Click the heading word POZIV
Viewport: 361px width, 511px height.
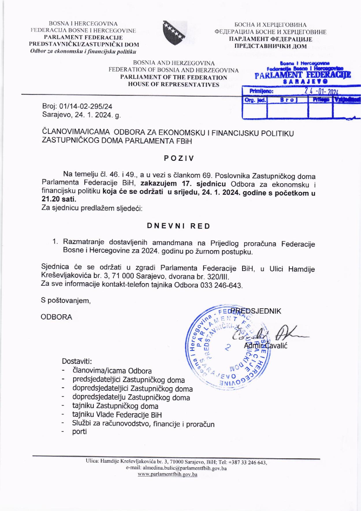click(x=179, y=158)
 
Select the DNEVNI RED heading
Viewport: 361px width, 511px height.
click(x=178, y=226)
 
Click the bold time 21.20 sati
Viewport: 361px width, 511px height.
click(x=59, y=200)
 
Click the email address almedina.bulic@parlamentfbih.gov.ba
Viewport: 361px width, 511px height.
click(x=176, y=468)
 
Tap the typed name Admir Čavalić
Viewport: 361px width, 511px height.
click(x=265, y=346)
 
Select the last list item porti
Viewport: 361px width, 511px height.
click(x=79, y=432)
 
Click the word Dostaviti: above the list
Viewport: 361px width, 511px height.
click(x=77, y=361)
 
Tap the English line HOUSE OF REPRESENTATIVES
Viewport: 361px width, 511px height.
click(x=174, y=84)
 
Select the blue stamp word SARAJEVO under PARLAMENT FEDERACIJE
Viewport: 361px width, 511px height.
click(x=302, y=82)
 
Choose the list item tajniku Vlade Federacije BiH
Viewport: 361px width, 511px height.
click(x=117, y=415)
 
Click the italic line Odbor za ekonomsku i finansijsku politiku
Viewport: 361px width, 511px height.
click(x=83, y=51)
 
